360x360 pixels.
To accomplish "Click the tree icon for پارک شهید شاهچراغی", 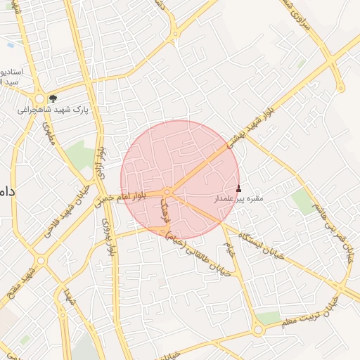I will pyautogui.click(x=53, y=99).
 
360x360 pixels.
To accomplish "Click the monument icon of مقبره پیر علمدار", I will pyautogui.click(x=238, y=188).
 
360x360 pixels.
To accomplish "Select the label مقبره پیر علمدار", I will pyautogui.click(x=238, y=199).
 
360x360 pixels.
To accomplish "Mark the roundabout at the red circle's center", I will pyautogui.click(x=167, y=192).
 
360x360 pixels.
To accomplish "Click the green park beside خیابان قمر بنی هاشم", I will pyautogui.click(x=304, y=201).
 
